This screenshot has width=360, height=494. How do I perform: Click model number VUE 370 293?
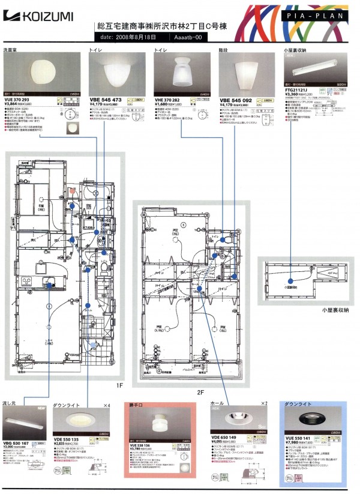(x=20, y=98)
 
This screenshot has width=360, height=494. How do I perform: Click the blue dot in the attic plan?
(x=290, y=280)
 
